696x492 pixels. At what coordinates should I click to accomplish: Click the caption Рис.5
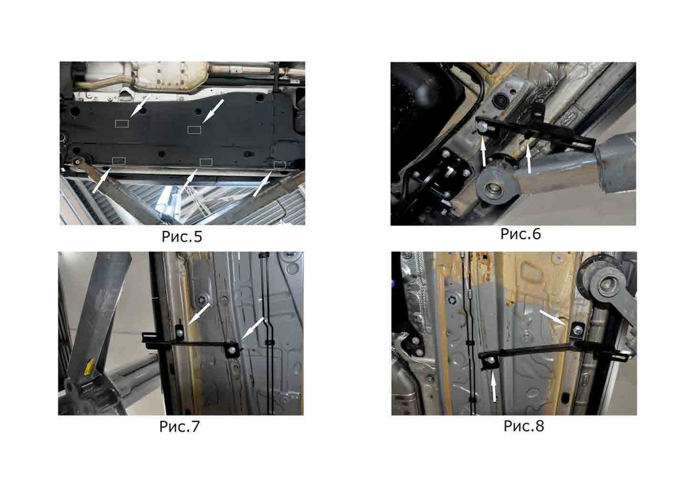point(182,237)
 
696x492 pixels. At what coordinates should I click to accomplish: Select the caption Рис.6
point(521,234)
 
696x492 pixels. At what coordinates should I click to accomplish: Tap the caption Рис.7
point(180,426)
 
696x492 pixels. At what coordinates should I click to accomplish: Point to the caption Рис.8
point(524,426)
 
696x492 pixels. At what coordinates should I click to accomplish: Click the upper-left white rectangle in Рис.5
point(122,124)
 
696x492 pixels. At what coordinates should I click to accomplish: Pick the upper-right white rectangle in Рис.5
point(194,129)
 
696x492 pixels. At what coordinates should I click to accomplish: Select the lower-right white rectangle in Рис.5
point(280,165)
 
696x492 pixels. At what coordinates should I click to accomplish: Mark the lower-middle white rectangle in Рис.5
point(206,162)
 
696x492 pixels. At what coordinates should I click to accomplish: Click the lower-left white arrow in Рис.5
point(101,181)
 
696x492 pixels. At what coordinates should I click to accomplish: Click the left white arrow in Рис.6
point(484,151)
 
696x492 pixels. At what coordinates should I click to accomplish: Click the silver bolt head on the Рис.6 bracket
point(482,127)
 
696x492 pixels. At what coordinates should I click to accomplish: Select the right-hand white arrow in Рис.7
point(253,328)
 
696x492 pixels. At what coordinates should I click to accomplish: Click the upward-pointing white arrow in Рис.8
point(494,386)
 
